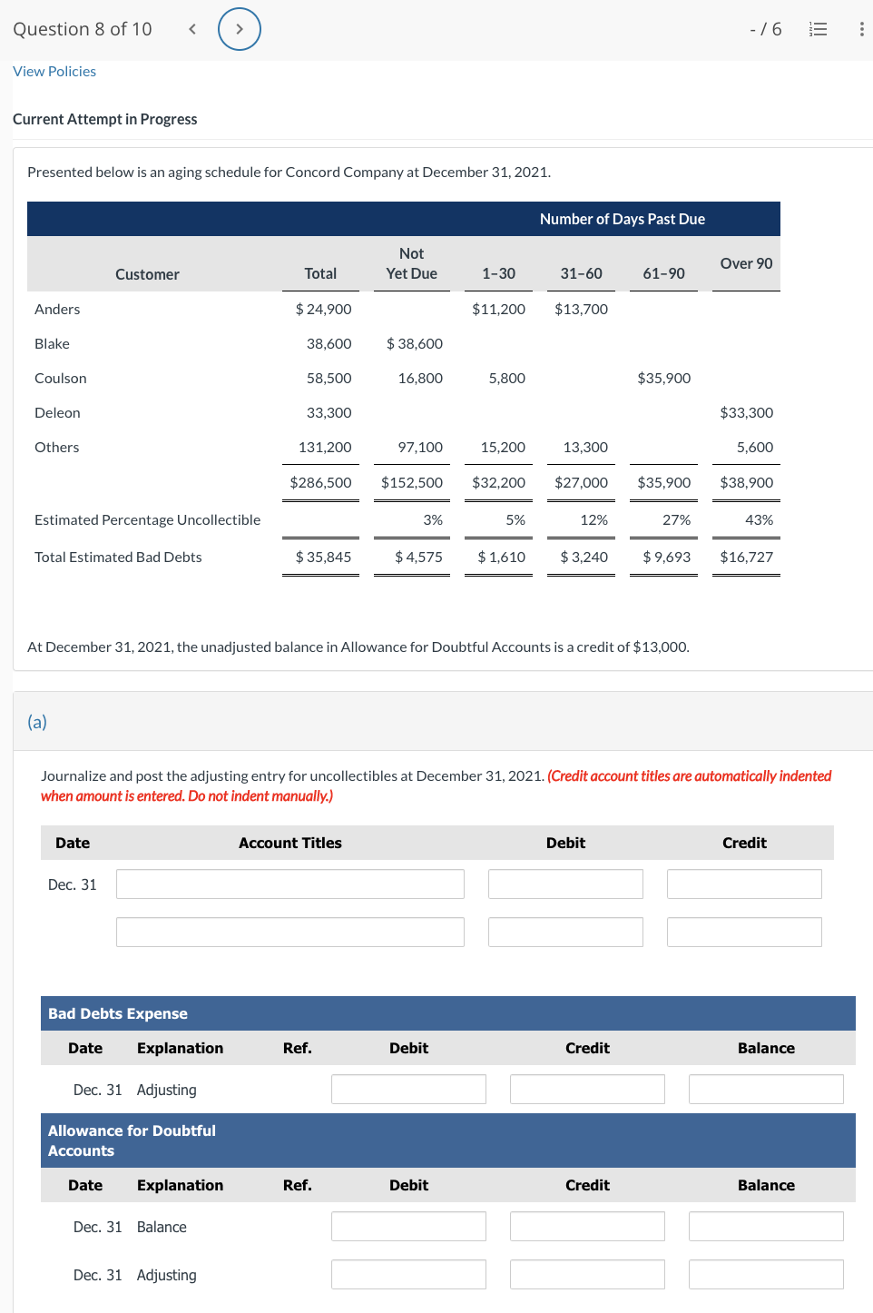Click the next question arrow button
tap(240, 29)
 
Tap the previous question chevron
tap(192, 29)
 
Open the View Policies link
tap(54, 72)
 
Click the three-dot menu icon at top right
tap(860, 29)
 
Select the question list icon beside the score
tap(818, 29)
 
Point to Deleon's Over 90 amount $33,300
tap(746, 412)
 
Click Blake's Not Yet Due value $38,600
tap(415, 343)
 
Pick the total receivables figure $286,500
tap(320, 482)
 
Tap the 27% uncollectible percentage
tap(676, 519)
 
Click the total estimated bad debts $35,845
tap(323, 557)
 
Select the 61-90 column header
tap(663, 273)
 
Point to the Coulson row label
tap(61, 378)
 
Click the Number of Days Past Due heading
tap(622, 219)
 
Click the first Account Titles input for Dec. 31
tap(289, 884)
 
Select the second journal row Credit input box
tap(744, 932)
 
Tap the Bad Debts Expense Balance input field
tap(765, 1089)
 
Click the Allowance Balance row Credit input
tap(586, 1226)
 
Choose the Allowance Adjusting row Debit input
tap(408, 1274)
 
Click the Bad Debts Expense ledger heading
tap(118, 1013)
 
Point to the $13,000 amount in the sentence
tap(660, 647)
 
